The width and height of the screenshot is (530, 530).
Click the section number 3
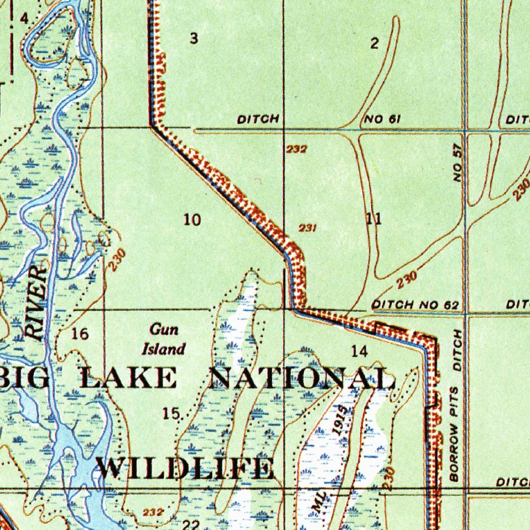[x=194, y=38]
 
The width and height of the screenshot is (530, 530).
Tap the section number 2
[x=374, y=43]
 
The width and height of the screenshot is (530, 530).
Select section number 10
[x=192, y=220]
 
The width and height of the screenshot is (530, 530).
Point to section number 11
[x=374, y=218]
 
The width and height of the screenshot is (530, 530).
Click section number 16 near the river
[x=80, y=334]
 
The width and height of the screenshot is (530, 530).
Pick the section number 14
[x=359, y=352]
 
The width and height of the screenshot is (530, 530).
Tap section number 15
[x=171, y=414]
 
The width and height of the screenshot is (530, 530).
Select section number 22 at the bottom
[x=191, y=525]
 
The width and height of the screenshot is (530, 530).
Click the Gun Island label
[x=164, y=340]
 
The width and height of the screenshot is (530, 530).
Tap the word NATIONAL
[x=303, y=379]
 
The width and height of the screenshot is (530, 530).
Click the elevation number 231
[x=308, y=227]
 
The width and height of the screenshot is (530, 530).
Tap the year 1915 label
[x=340, y=419]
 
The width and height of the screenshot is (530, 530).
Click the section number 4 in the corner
[x=23, y=19]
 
